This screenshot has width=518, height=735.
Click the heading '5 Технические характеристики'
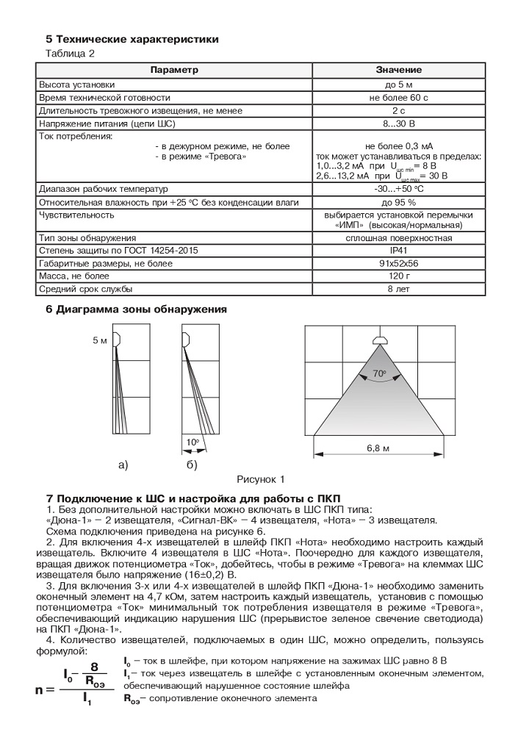click(x=132, y=38)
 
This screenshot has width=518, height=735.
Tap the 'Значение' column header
click(x=399, y=70)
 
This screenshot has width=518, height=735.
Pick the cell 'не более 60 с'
click(x=399, y=97)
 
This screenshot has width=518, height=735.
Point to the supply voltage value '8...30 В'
click(x=399, y=123)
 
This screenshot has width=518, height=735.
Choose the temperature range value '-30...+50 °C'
click(x=399, y=188)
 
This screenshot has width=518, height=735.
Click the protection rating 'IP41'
click(x=399, y=251)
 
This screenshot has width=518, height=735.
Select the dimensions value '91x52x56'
click(x=399, y=263)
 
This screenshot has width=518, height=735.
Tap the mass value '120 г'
click(x=399, y=276)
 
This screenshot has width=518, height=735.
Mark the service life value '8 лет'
click(x=399, y=290)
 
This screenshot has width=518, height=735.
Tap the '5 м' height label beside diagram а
click(x=100, y=342)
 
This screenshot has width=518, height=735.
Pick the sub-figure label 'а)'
click(x=123, y=465)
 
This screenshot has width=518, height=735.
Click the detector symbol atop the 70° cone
click(x=379, y=340)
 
